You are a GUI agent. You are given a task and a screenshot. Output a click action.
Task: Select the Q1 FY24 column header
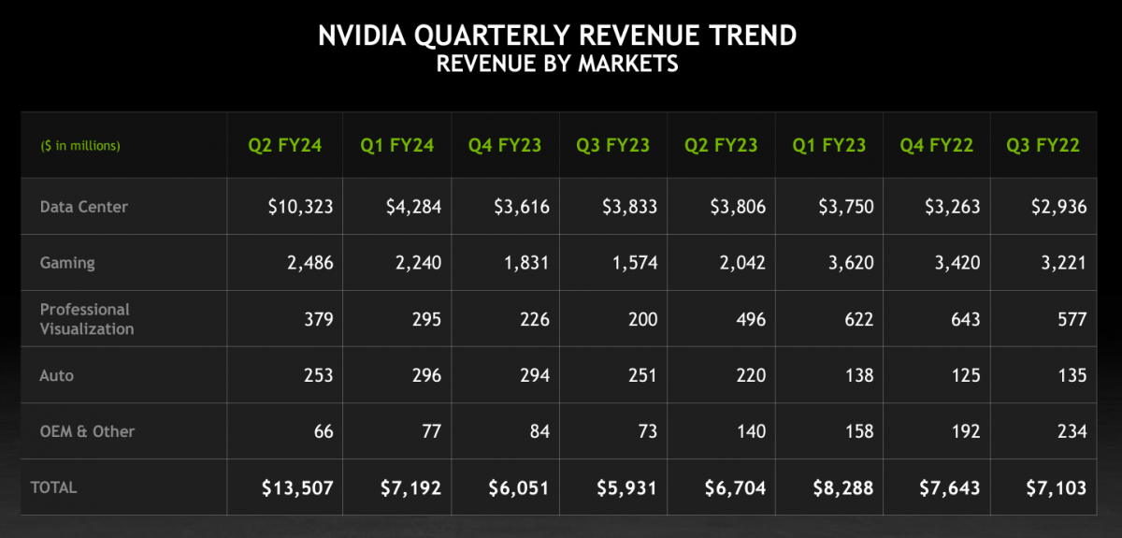[397, 145]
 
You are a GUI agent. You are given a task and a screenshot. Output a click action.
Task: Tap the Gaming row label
[67, 263]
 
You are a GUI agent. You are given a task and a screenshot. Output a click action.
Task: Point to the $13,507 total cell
[296, 487]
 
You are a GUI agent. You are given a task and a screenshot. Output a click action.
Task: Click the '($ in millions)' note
[80, 146]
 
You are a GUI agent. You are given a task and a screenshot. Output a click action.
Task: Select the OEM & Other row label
[87, 431]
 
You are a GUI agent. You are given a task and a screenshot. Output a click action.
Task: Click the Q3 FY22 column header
[1043, 145]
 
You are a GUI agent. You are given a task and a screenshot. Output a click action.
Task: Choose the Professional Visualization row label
[86, 319]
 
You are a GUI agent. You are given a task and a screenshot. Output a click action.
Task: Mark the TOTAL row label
[54, 487]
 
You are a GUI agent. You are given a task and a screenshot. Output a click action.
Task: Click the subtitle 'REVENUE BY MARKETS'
[557, 64]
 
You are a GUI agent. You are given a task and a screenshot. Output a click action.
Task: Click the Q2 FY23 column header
[721, 145]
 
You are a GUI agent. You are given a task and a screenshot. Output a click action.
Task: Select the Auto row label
[56, 375]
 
